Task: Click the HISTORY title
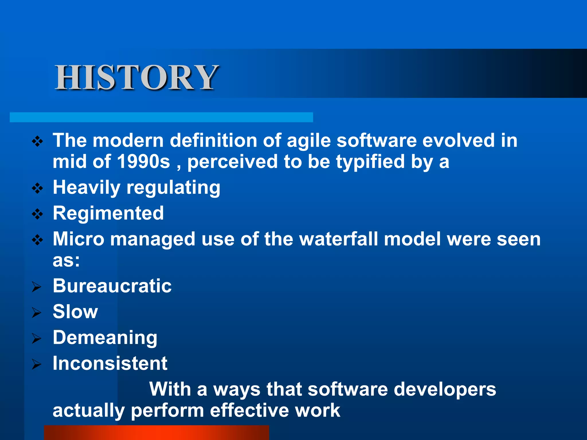coord(137,77)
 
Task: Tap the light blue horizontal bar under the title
coord(161,117)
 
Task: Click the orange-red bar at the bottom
coord(156,433)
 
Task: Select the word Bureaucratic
coord(112,286)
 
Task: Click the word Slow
coord(75,312)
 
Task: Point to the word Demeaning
coord(105,337)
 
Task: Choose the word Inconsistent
coord(110,363)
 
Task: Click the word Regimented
coord(108,213)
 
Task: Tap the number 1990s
coord(144,162)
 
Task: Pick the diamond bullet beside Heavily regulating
coord(38,188)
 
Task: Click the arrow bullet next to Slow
coord(37,313)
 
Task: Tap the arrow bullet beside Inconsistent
coord(37,364)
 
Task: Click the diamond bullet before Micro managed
coord(38,240)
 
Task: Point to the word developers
coord(445,390)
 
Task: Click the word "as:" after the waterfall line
coord(66,261)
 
